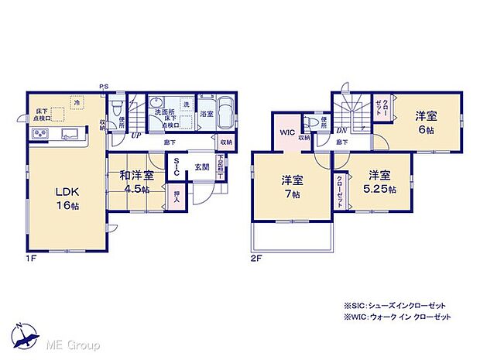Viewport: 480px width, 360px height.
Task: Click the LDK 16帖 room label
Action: pos(67,198)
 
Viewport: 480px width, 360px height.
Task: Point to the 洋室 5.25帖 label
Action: pos(378,181)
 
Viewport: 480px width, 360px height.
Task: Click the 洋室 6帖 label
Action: pos(425,122)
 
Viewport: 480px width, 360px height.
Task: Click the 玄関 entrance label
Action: pos(201,166)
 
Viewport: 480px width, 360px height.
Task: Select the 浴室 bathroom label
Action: pos(206,114)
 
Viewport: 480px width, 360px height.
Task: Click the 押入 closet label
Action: pos(177,197)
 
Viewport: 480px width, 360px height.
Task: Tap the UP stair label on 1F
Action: pos(136,135)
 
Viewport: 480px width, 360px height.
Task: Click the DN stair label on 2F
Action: pos(341,131)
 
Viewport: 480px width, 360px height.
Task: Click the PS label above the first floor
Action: pos(102,86)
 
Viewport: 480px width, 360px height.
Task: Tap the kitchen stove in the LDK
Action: pos(40,135)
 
